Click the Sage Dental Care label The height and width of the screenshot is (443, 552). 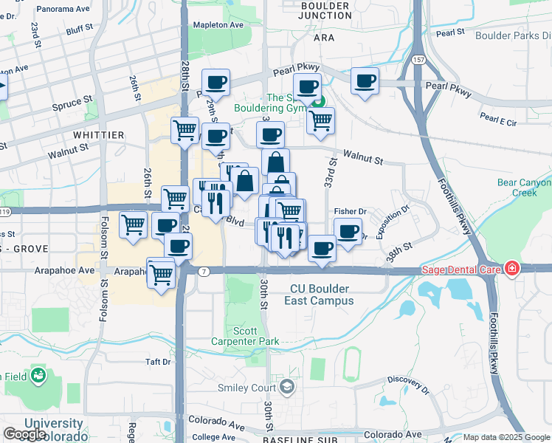coord(461,269)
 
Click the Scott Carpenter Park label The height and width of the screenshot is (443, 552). coord(246,336)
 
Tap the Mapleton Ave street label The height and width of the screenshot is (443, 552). coord(218,24)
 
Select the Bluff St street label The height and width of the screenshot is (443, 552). coord(78,30)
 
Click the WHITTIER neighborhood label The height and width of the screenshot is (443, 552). coord(99,135)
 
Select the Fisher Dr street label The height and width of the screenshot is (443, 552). coord(351,210)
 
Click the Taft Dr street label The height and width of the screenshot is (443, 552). coord(157,362)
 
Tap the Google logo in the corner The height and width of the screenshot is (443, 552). coord(25,433)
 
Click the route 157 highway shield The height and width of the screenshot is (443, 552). coord(419,59)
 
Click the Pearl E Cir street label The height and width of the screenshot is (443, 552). coord(499,118)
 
